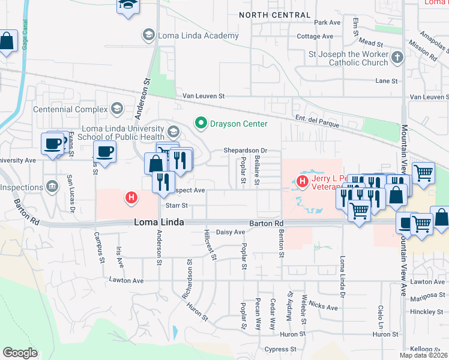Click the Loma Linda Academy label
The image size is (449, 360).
198,35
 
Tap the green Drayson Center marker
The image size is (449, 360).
200,124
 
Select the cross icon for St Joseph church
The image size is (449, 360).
396,58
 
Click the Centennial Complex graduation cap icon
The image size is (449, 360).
116,109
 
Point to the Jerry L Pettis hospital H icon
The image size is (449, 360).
303,181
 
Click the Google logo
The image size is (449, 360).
20,353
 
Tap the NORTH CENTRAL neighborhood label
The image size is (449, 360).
275,15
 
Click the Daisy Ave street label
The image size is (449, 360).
231,232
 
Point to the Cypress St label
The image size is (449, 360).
281,349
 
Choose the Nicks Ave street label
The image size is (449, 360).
324,307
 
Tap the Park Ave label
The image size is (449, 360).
327,22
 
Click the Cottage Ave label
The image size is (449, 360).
315,37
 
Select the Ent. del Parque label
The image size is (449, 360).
317,121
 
